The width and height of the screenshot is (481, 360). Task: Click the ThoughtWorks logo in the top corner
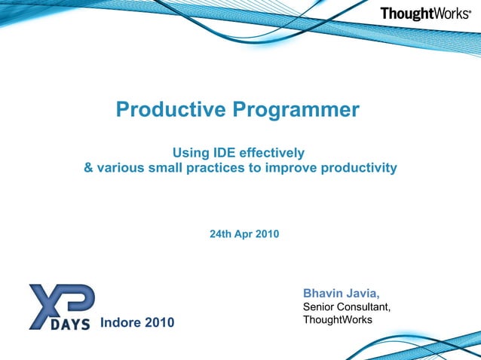[x=425, y=13]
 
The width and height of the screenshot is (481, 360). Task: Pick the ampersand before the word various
[x=88, y=167]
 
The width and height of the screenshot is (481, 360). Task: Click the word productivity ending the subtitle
[x=359, y=167]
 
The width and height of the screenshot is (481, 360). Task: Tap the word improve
[x=291, y=167]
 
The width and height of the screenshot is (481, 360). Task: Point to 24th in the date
[x=220, y=234]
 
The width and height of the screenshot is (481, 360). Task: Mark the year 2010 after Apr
[x=267, y=234]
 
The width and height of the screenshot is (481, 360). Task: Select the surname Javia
[x=363, y=292]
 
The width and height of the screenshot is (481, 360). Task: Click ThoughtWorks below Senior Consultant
[x=337, y=320]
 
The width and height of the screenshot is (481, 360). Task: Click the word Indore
[x=121, y=323]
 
